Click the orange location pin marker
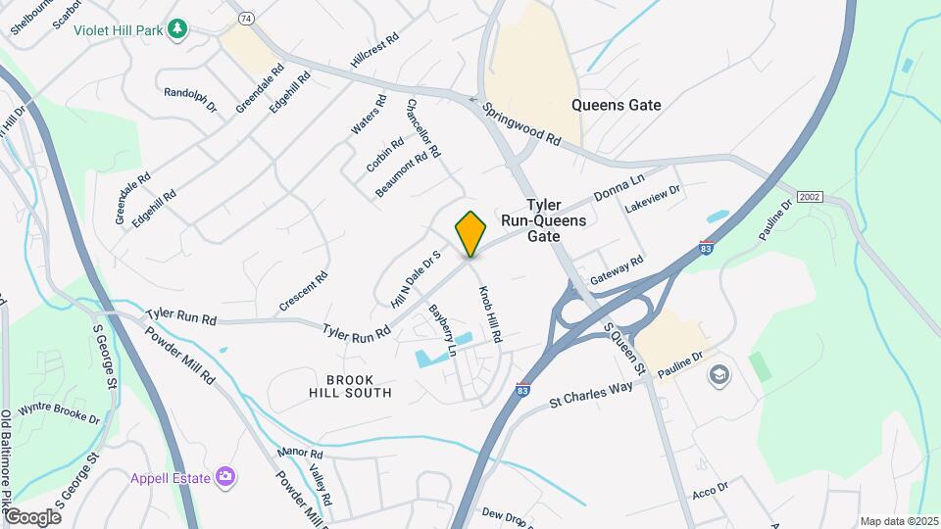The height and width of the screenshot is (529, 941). point(471,233)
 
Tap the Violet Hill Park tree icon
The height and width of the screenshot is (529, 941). point(177,29)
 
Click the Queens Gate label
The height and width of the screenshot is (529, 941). point(617,105)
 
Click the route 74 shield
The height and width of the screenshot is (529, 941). point(246,19)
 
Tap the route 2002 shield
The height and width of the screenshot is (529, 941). point(809,197)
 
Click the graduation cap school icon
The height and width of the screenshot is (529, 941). point(719,375)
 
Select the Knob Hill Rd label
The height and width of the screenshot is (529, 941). point(489,314)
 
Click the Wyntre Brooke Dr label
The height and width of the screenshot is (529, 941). point(59,411)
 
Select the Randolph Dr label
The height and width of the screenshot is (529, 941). point(190,100)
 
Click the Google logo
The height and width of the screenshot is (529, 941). point(32,516)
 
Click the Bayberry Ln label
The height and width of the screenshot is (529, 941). point(444,329)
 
